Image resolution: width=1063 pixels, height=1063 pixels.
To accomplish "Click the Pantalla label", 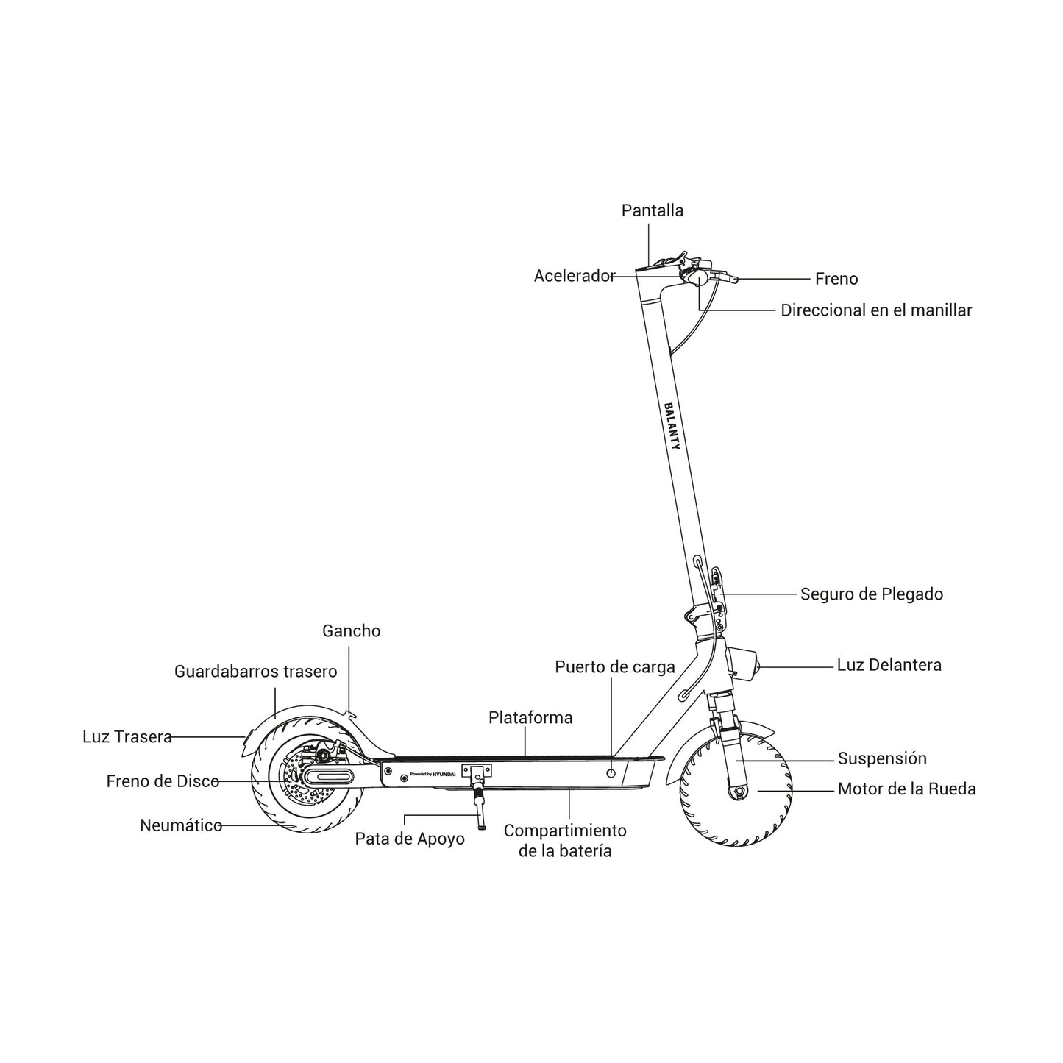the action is point(652,210).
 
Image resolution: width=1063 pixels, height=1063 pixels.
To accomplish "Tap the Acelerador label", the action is point(575,276).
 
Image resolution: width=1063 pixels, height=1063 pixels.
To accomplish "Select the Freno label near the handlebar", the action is point(836,279).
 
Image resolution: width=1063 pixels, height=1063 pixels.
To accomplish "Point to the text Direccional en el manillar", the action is point(876,310).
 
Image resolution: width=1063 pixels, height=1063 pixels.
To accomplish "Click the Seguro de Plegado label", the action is point(872,594).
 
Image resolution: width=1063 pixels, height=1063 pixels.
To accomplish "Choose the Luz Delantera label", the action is point(889,665).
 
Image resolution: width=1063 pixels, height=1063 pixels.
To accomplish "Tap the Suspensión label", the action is point(882,758).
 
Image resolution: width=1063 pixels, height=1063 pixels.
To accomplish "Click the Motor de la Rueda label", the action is point(907,789).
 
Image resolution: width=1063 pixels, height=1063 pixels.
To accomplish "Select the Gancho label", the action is point(352,631).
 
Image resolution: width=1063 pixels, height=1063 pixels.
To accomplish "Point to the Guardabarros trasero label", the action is point(255,672).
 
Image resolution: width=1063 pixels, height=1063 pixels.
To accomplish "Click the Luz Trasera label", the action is point(127,737).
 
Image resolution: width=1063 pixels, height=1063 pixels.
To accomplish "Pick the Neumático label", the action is point(181,826).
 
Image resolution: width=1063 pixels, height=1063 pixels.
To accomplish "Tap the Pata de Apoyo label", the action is point(409,839).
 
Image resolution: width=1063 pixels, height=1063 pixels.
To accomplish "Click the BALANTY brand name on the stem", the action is point(672,427).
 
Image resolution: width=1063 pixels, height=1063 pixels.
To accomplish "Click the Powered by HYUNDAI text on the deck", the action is point(433,774).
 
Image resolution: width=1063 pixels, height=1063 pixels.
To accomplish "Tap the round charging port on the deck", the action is point(611,773).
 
